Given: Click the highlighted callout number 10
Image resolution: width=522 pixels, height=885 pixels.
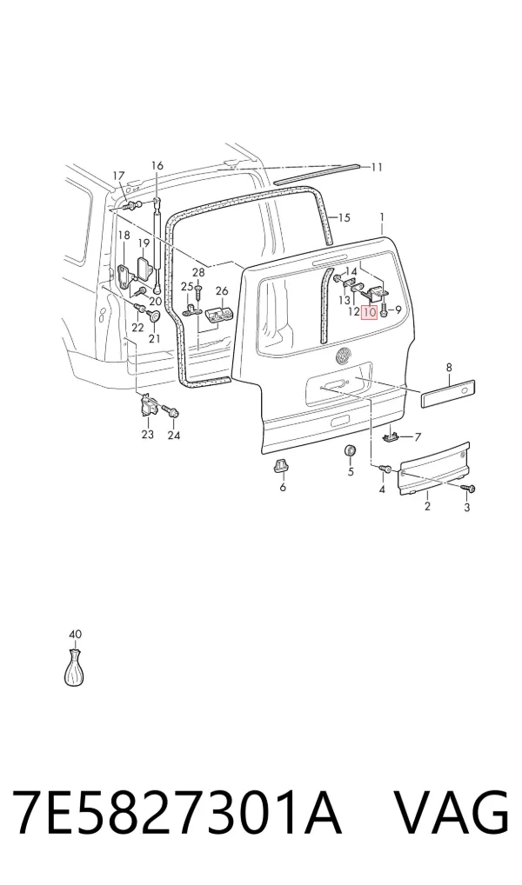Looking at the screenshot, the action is coord(370,311).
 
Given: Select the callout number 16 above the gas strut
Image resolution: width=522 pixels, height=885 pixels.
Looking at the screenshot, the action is coord(157,166).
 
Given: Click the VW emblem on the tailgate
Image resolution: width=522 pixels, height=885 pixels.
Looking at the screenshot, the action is coord(344,356).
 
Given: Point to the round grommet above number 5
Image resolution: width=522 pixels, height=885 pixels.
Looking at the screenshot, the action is coord(351,451).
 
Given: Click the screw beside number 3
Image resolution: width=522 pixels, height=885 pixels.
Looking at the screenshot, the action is coord(469,488).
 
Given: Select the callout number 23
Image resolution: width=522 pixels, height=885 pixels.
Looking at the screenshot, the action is coord(147,435).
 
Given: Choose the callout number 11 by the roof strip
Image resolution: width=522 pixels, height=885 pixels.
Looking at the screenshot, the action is coord(377,167).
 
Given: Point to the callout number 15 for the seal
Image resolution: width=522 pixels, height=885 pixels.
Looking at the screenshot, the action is coord(344,217).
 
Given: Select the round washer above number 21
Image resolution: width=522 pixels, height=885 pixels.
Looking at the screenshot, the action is coord(153,316).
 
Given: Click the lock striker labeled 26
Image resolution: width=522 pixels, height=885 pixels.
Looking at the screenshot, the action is coord(218,316).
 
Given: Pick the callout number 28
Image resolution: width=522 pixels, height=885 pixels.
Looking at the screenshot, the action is coord(198,273).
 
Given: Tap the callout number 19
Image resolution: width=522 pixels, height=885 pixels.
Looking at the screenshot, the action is coord(144,243).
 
